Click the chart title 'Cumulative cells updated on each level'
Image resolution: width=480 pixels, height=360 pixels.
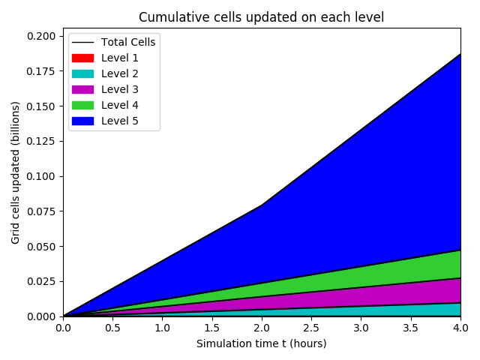click(261, 17)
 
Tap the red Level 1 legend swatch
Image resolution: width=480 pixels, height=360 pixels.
click(82, 58)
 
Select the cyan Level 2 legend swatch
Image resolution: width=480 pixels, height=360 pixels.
click(82, 73)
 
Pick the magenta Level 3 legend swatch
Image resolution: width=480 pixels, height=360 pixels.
click(82, 89)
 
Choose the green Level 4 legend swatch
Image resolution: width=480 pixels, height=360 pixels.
click(82, 105)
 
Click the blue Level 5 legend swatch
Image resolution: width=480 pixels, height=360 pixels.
click(82, 121)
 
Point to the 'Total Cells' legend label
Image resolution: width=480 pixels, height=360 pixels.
click(128, 42)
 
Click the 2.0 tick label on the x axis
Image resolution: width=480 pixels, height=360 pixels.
click(262, 328)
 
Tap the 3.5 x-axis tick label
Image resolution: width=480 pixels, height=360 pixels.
click(411, 328)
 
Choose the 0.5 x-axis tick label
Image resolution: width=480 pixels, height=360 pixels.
click(112, 328)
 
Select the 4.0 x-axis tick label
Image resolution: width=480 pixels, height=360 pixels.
click(460, 328)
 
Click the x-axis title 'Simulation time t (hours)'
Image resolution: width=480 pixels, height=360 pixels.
click(261, 343)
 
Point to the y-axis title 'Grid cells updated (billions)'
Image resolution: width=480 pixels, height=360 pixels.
click(16, 172)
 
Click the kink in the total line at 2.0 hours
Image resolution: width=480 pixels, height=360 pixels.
click(262, 205)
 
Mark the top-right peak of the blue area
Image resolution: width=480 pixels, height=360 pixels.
click(460, 55)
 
